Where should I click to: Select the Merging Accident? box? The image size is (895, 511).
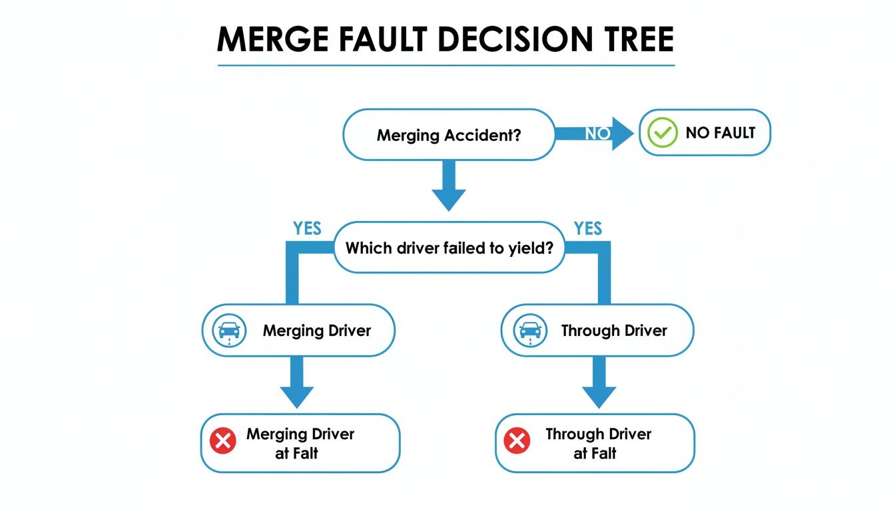coord(448,135)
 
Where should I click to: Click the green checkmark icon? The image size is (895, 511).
coord(662,133)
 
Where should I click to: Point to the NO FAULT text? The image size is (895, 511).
coord(720,133)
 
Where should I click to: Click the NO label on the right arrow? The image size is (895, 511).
coord(597,134)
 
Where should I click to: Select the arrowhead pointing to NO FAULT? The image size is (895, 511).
coord(623,134)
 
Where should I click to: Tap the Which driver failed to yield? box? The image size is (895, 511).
coord(448,248)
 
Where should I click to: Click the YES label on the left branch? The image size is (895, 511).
coord(307,229)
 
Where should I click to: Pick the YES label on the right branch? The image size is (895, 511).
coord(588,229)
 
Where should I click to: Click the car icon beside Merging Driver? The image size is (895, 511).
coord(229,331)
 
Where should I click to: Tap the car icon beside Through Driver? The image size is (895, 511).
coord(530,331)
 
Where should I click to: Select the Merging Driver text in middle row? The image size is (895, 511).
coord(316,331)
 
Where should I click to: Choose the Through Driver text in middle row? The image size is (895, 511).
coord(613,331)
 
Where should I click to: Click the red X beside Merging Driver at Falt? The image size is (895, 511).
coord(223,441)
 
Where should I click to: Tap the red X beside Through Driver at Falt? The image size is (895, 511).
coord(517,441)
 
